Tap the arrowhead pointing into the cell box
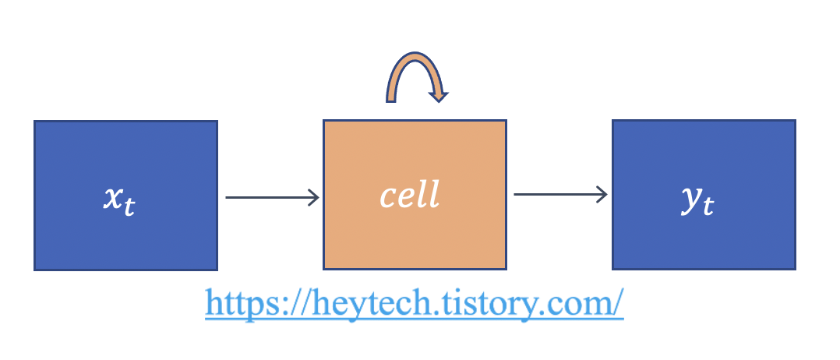pos(313,197)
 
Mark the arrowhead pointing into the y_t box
pos(602,195)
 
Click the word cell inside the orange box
pos(410,195)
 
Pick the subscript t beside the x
pos(129,206)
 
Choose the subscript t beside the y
pos(708,206)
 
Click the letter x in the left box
pos(114,198)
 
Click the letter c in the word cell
pos(387,196)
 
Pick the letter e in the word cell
pos(404,196)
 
